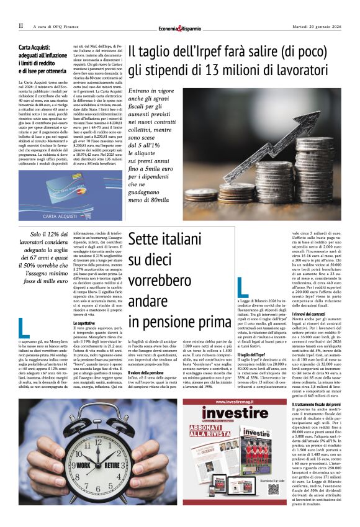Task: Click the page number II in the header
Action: (20, 26)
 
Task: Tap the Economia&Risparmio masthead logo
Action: (180, 27)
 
